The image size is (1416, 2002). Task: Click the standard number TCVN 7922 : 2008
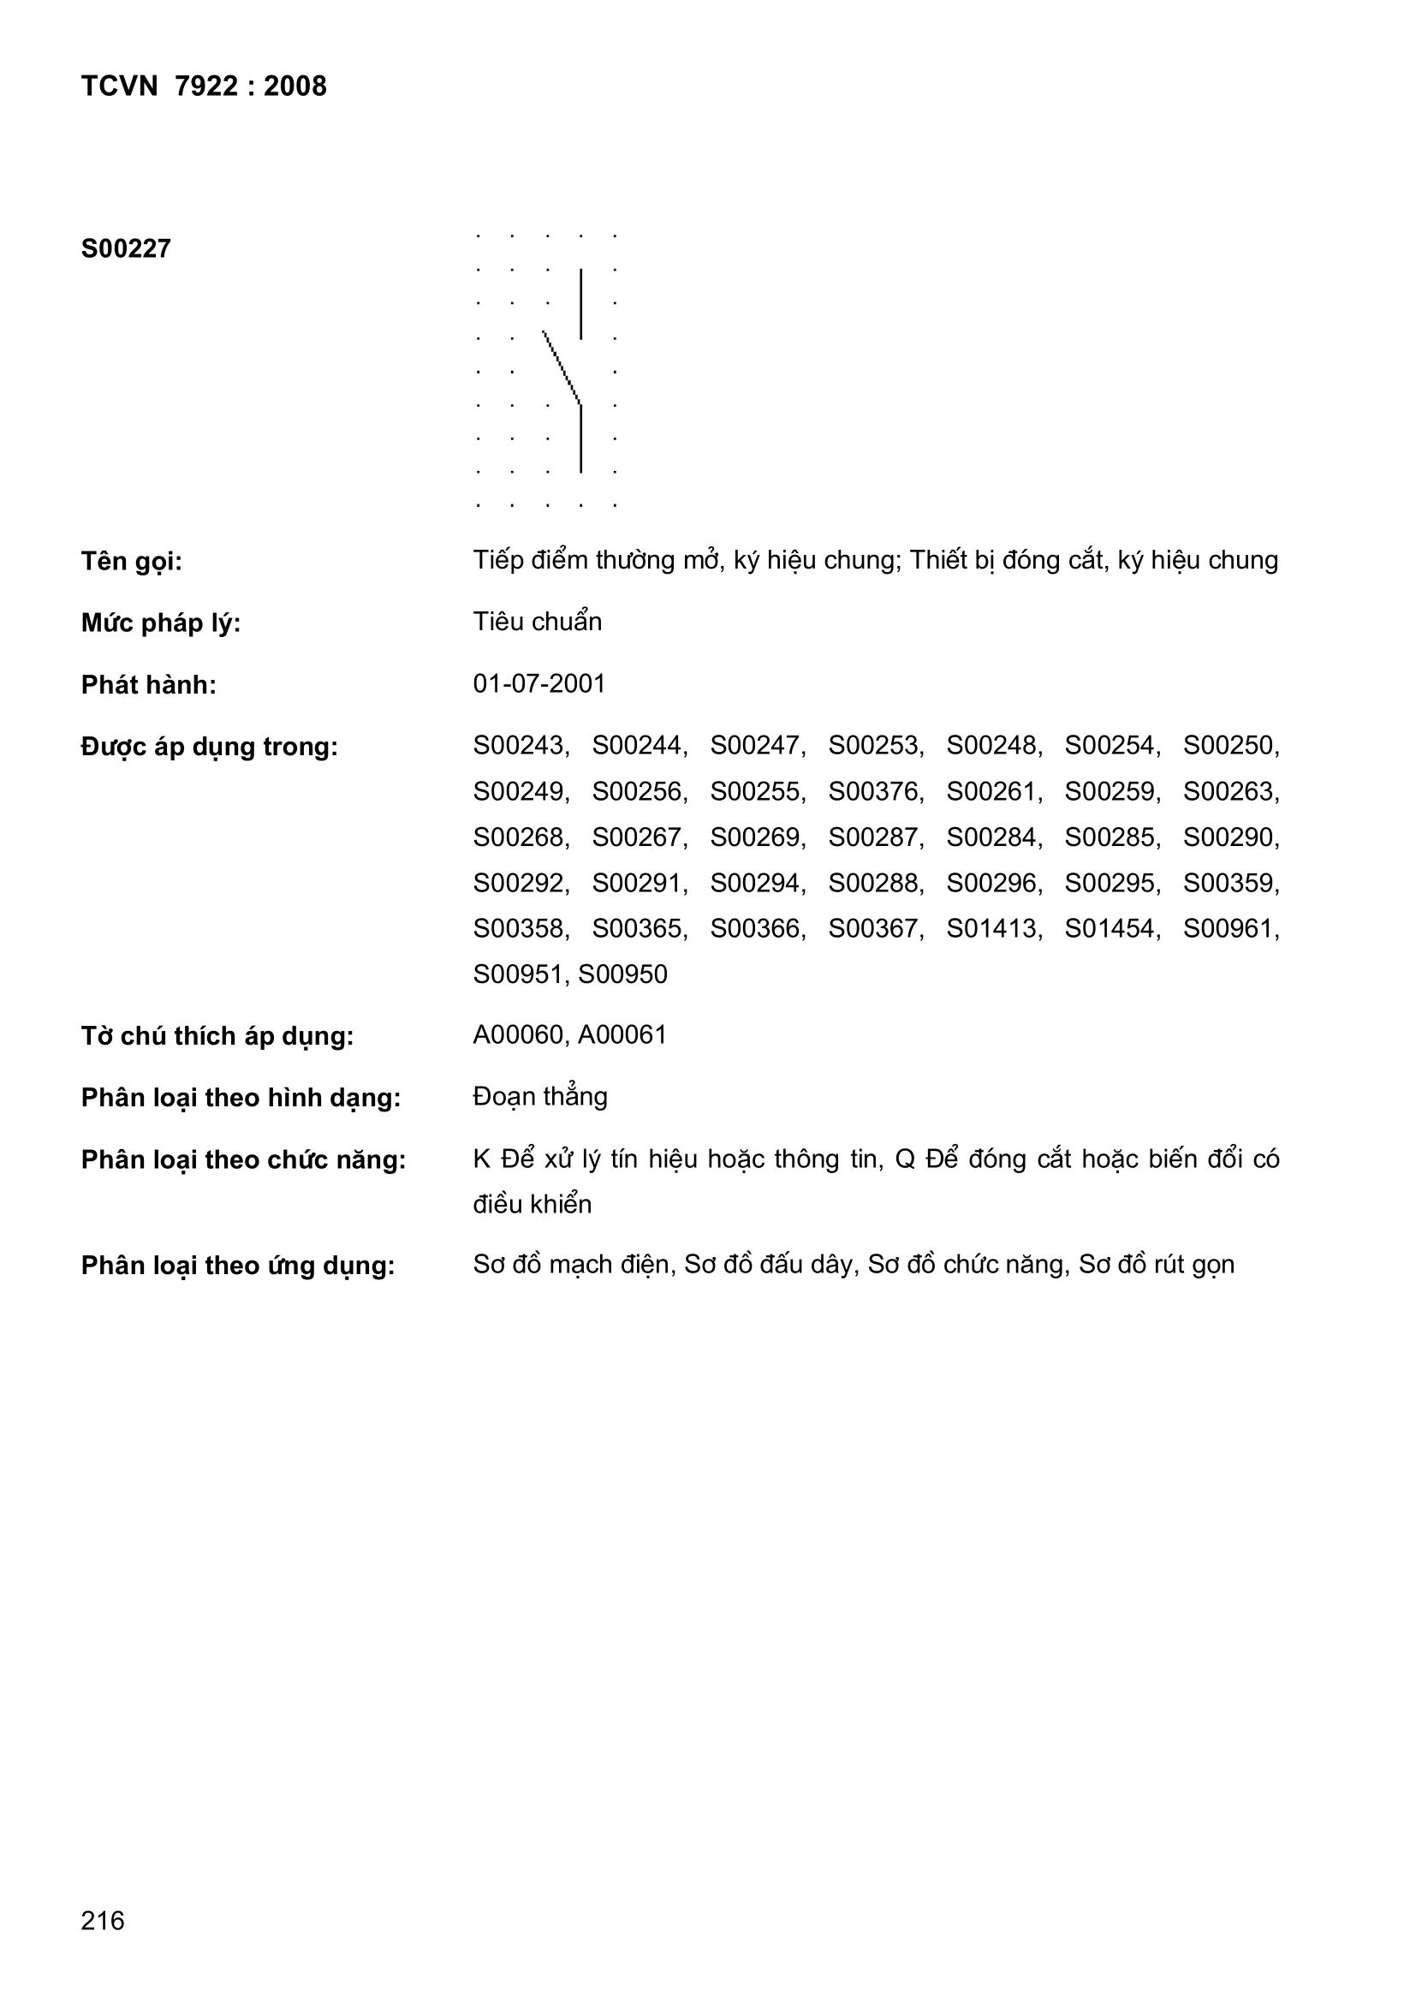point(203,86)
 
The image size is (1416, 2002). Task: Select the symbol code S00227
point(126,249)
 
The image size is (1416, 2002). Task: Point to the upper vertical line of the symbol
point(580,303)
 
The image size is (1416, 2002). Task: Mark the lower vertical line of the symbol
point(580,438)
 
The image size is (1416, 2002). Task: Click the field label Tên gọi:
point(132,562)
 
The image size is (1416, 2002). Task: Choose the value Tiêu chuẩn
point(537,622)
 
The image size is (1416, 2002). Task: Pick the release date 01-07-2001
point(538,683)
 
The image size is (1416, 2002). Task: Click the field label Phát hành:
point(148,685)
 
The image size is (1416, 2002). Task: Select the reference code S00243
point(520,746)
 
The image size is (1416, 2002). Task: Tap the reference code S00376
point(875,792)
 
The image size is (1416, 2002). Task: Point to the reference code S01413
point(993,928)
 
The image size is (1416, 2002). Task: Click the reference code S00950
point(622,974)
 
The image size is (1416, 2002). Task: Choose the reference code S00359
point(1229,884)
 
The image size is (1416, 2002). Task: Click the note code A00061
point(622,1035)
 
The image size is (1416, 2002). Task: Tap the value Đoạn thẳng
point(539,1096)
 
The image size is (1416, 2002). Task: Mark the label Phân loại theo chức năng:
point(243,1160)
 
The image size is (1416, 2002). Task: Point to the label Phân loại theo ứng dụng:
point(238,1266)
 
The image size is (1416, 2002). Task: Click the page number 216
point(103,1921)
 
